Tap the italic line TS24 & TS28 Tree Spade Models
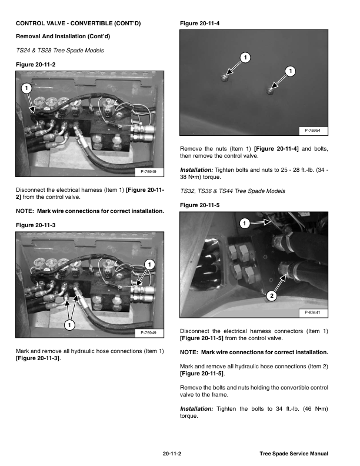(x=61, y=50)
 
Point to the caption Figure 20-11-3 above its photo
(x=36, y=225)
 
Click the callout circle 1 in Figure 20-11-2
(x=26, y=88)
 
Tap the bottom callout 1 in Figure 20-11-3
(x=69, y=325)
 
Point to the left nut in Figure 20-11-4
(x=225, y=77)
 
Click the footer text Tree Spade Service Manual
(x=293, y=454)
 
